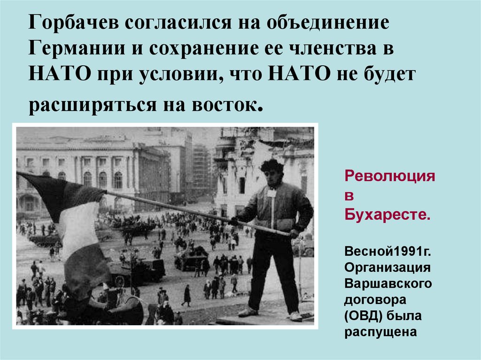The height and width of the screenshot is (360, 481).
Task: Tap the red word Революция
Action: [x=390, y=177]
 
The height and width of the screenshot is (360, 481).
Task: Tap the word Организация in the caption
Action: [x=388, y=268]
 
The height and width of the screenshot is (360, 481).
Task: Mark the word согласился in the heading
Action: [x=181, y=23]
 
